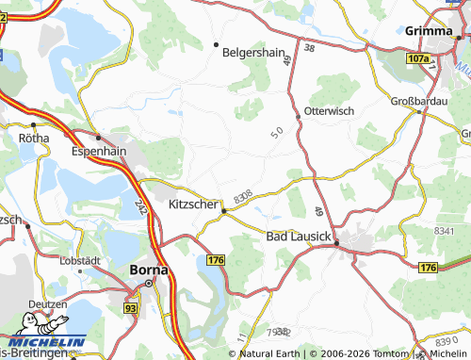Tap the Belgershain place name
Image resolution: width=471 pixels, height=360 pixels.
coord(253,53)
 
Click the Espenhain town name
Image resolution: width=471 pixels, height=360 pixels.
coord(99,150)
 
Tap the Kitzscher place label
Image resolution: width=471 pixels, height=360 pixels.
coord(193,205)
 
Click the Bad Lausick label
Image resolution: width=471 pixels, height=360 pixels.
coord(298,236)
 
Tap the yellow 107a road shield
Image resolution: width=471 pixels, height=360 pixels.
coord(418,58)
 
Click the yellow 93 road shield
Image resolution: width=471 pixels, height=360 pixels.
coord(129,308)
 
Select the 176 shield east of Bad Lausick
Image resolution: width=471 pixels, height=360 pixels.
coord(428,269)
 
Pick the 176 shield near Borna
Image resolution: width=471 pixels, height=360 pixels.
coord(216,259)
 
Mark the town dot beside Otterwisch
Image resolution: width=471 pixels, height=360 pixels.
coord(299,116)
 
